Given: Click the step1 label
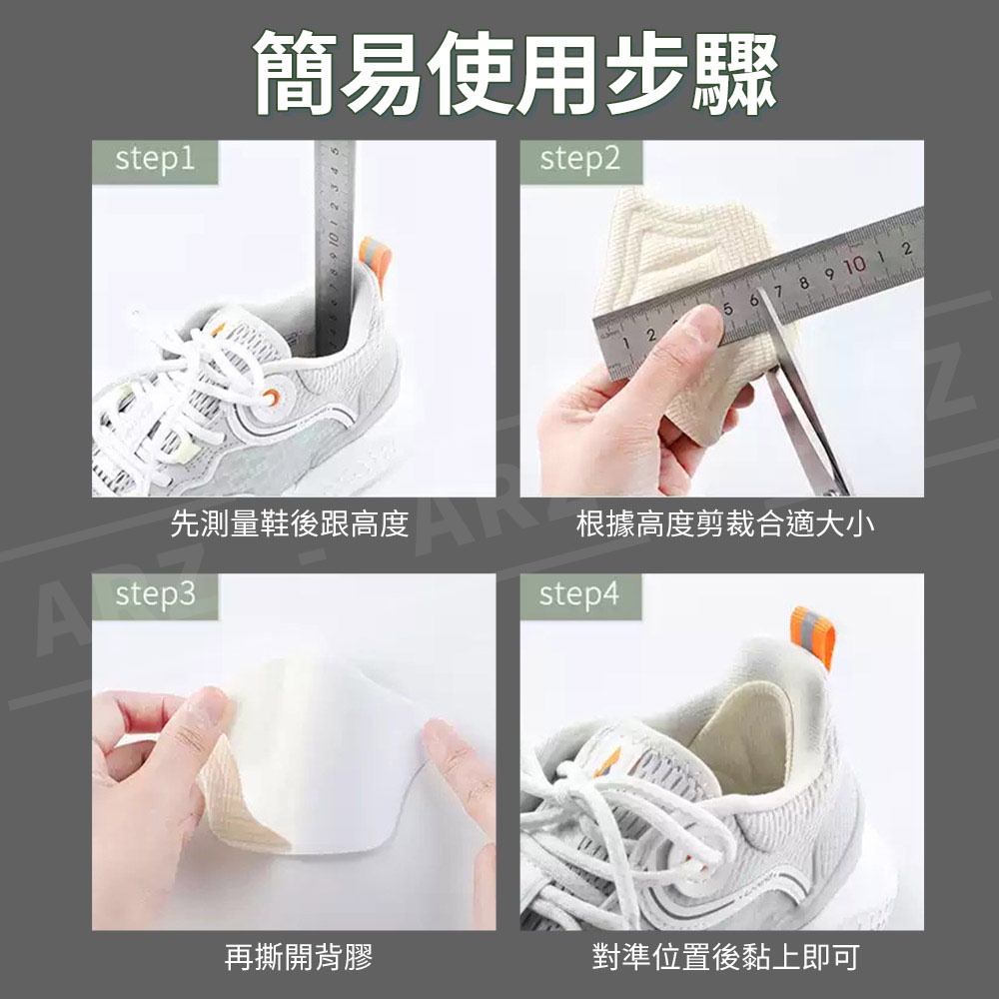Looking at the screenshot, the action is click(x=154, y=160).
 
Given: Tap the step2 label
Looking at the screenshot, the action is click(x=579, y=159).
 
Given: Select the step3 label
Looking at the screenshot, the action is click(x=155, y=594).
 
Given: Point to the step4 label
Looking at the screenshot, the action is click(x=579, y=594).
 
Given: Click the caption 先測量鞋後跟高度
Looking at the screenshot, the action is click(x=290, y=523).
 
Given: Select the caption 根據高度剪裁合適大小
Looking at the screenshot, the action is click(x=725, y=523).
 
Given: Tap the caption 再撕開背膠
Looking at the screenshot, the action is click(x=298, y=956).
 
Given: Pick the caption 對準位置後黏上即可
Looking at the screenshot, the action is click(x=725, y=956).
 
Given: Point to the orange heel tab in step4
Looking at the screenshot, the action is click(x=812, y=635).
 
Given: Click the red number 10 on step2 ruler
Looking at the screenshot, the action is click(x=855, y=264).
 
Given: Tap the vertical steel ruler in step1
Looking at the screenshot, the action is click(x=335, y=249).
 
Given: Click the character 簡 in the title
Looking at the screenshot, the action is click(x=296, y=73).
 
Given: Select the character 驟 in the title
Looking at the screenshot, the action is click(x=736, y=73).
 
